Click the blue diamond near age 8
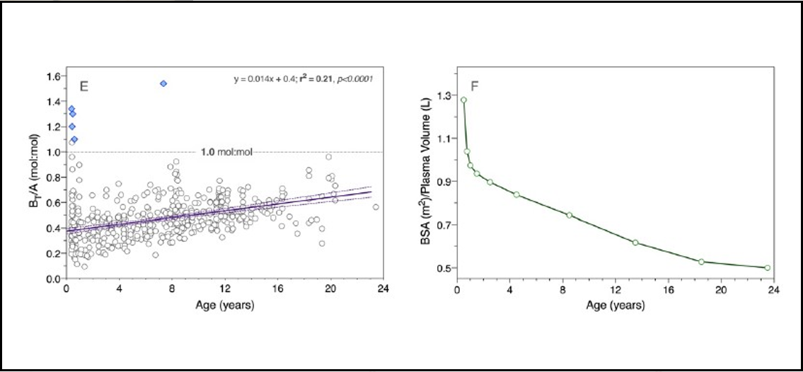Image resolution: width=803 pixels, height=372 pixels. (163, 83)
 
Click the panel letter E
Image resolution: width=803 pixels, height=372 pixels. (83, 87)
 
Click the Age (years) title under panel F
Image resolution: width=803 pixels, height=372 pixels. (616, 306)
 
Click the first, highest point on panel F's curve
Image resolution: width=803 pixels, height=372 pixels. (463, 100)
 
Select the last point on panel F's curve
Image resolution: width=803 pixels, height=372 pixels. (767, 268)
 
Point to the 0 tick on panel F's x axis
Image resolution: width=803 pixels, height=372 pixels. (457, 290)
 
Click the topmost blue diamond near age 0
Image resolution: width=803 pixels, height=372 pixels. (71, 108)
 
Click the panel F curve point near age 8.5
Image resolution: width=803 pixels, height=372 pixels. (569, 215)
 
